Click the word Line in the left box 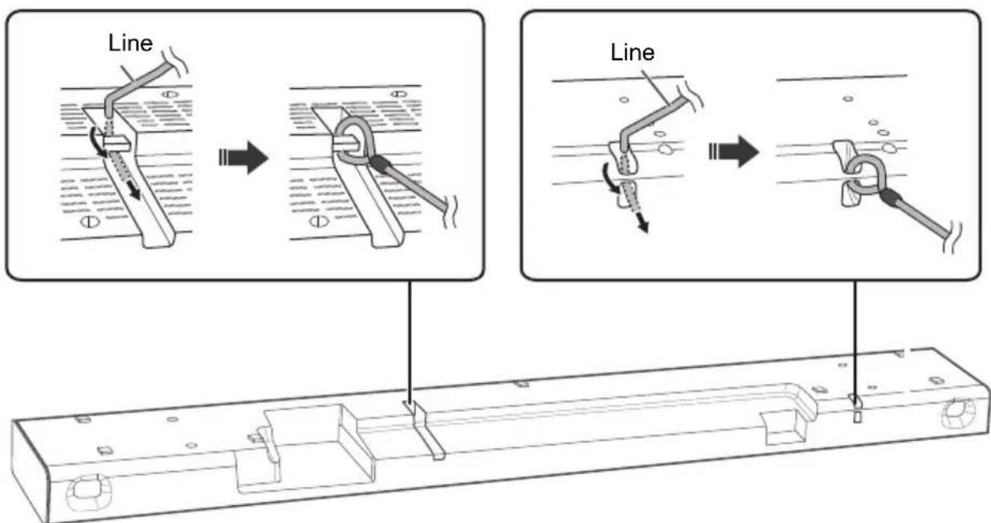[x=131, y=43]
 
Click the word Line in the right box [x=632, y=52]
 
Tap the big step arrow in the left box [x=244, y=157]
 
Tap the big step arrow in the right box [x=734, y=151]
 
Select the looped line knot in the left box [x=355, y=141]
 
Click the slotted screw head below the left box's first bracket [x=89, y=221]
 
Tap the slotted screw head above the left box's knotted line [x=398, y=93]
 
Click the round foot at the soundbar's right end [x=959, y=415]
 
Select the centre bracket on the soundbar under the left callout [x=424, y=430]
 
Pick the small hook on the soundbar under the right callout [x=857, y=408]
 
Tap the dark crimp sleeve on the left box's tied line [x=380, y=163]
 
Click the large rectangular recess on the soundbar [x=305, y=447]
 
